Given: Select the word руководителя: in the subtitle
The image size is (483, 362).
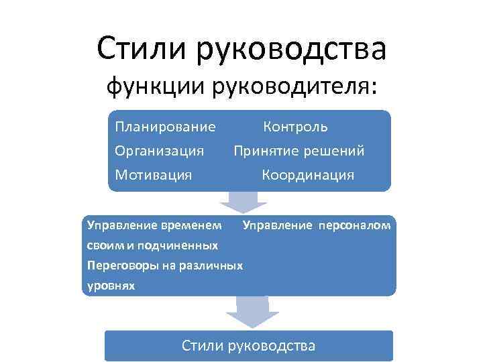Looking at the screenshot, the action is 296,88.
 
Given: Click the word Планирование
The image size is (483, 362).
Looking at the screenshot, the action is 165,127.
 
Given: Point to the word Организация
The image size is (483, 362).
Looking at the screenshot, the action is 159,151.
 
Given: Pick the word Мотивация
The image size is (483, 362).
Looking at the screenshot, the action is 153,175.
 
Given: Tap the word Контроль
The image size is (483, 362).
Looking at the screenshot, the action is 295,127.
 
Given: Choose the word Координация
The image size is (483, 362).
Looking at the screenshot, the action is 308,175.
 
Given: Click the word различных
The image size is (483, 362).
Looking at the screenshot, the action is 211,265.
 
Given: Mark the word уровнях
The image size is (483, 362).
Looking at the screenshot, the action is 111,286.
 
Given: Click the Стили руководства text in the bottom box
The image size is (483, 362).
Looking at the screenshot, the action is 248,346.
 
